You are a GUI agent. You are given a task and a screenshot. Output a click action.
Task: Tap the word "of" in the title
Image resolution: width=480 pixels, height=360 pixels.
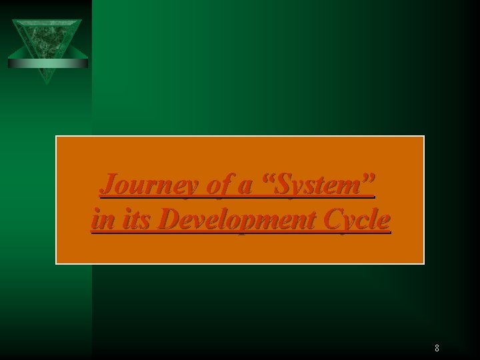point(217,184)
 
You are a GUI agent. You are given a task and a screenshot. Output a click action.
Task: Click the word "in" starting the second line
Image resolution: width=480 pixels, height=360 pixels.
point(101,219)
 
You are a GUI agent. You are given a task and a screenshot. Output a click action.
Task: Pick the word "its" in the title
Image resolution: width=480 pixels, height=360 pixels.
point(135,219)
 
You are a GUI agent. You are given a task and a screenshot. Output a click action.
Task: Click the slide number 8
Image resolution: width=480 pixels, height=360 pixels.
point(437,348)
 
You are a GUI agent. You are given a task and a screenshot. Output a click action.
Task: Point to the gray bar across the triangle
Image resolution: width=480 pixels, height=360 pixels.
point(47,63)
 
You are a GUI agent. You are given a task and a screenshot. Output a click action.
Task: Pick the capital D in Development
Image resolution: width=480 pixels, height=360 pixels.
point(170,219)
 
